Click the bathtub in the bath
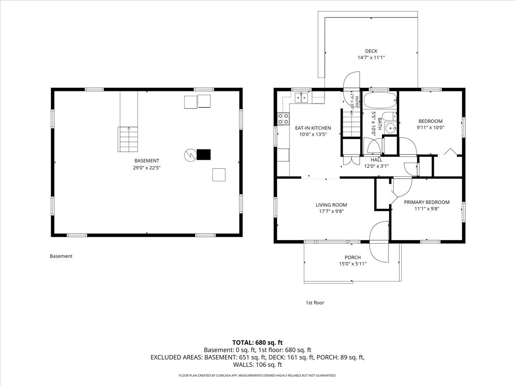tap(380, 100)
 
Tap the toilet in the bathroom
tap(389, 116)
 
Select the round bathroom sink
tap(390, 128)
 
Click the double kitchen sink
tap(301, 98)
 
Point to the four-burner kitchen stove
tap(283, 119)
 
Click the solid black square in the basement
tap(203, 155)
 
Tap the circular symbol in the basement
tap(190, 155)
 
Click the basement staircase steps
tap(128, 139)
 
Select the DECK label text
tap(371, 51)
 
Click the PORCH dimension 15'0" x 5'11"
tap(353, 264)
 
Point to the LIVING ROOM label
tap(331, 205)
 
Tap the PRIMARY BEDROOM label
tap(427, 202)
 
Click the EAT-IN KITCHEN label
tap(313, 128)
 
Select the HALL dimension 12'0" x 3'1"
tap(376, 166)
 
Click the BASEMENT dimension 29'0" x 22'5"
tap(147, 168)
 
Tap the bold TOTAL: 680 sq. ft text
tap(257, 343)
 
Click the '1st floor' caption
tap(315, 302)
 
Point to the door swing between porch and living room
tap(379, 241)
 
